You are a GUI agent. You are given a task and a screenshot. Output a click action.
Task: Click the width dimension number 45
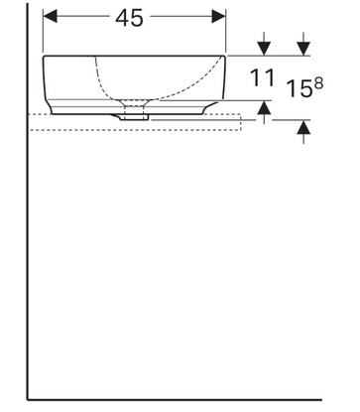[129, 18]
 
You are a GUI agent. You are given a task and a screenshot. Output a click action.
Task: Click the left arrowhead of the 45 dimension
[50, 16]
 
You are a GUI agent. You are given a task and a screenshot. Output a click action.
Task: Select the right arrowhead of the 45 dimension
[219, 16]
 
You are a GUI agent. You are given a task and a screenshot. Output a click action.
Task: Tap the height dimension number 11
[262, 78]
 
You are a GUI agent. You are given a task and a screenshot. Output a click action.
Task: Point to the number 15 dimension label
[300, 88]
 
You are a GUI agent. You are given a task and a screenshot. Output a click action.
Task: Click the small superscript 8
[318, 84]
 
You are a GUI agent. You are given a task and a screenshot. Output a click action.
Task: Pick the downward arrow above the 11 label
[264, 44]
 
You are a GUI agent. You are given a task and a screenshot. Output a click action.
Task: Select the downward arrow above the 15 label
[303, 44]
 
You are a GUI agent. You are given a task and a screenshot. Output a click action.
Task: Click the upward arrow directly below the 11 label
[264, 112]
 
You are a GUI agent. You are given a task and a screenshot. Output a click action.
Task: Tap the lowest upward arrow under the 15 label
[303, 132]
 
